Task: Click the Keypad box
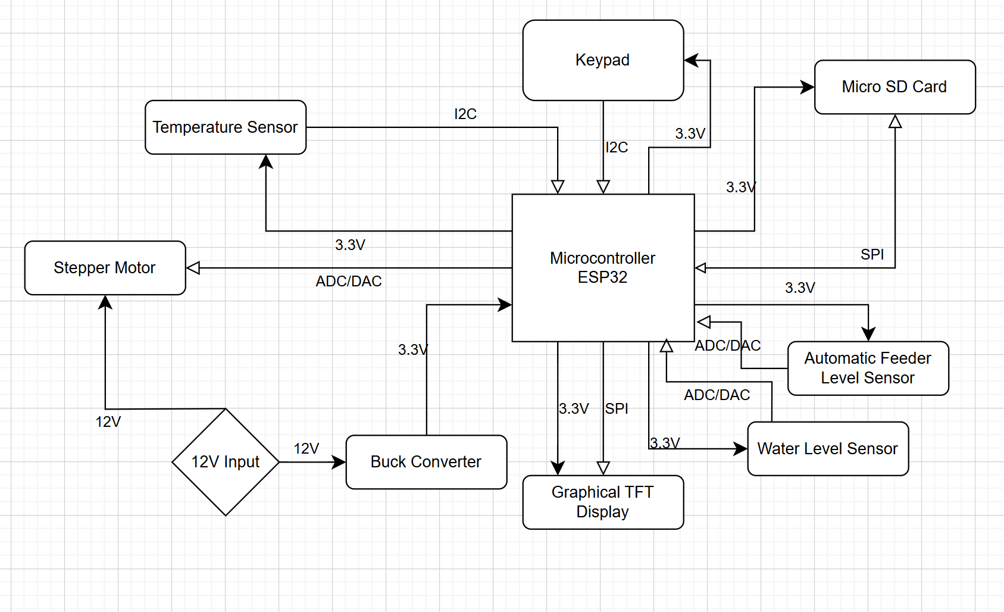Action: pyautogui.click(x=603, y=60)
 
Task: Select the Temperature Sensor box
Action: pyautogui.click(x=226, y=127)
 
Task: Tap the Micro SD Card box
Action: pyautogui.click(x=894, y=87)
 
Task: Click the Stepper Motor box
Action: pyautogui.click(x=105, y=268)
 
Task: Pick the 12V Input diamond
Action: pyautogui.click(x=226, y=462)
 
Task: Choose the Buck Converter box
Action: pyautogui.click(x=426, y=462)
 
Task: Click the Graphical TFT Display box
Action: pyautogui.click(x=603, y=502)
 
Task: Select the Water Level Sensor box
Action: pyautogui.click(x=828, y=449)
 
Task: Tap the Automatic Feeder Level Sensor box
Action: pyautogui.click(x=868, y=368)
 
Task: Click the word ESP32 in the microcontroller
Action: pyautogui.click(x=602, y=277)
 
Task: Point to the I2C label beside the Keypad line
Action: pyautogui.click(x=617, y=147)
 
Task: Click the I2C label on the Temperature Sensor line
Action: pyautogui.click(x=465, y=114)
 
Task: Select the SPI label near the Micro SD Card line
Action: pyautogui.click(x=872, y=255)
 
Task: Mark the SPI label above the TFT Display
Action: pyautogui.click(x=617, y=408)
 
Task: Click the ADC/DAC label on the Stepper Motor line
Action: pyautogui.click(x=349, y=281)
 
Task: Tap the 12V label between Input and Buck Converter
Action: pyautogui.click(x=306, y=448)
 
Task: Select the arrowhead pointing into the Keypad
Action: pyautogui.click(x=691, y=60)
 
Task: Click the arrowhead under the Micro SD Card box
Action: pyautogui.click(x=895, y=121)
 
